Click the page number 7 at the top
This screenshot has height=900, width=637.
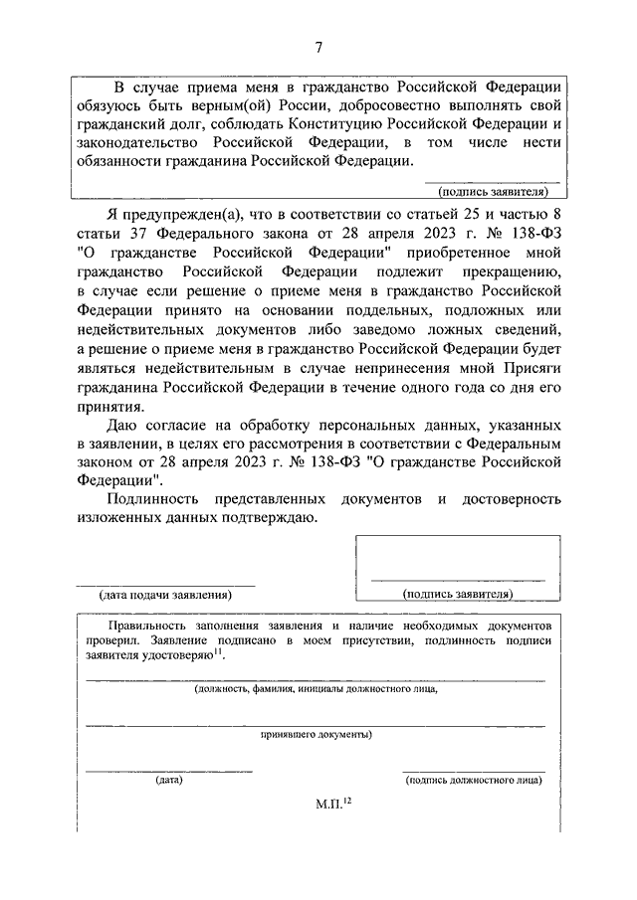click(318, 46)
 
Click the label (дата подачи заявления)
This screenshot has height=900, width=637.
click(164, 595)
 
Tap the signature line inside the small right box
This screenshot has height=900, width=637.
click(457, 579)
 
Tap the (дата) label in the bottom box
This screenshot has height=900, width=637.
click(168, 780)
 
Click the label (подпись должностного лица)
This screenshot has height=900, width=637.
click(474, 780)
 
